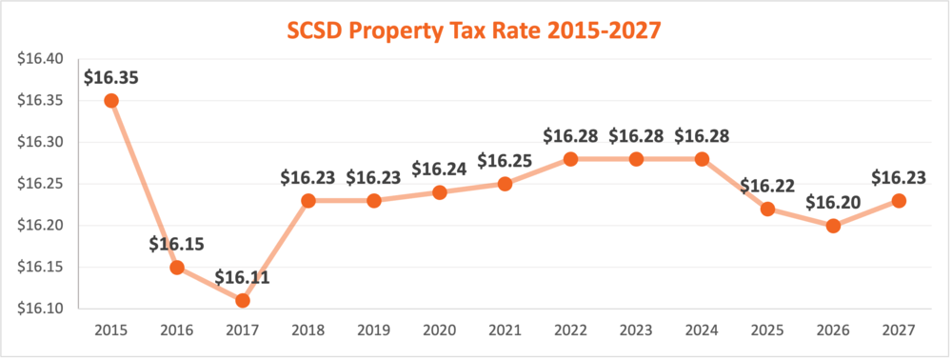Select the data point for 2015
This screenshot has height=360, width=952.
111,100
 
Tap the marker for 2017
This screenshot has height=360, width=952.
243,300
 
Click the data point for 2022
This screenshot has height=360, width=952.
570,158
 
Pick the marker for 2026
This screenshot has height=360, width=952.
833,226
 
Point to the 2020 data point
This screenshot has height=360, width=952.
439,191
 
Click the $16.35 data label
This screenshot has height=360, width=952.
111,77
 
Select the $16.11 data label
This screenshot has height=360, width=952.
243,277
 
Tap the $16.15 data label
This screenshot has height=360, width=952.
177,244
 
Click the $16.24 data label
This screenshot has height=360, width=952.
439,169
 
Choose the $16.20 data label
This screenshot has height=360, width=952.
833,203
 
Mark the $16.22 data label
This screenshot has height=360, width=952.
767,186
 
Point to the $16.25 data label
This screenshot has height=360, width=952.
505,160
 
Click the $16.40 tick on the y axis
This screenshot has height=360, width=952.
40,59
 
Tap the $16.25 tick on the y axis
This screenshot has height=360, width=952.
40,184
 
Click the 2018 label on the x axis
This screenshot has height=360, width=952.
308,330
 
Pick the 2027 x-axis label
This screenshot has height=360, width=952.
899,330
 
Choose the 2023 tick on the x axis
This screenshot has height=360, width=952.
636,330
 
